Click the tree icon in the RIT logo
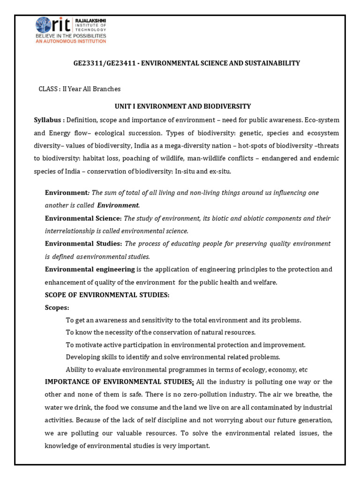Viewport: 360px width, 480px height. (45, 25)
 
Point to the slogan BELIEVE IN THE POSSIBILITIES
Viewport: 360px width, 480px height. (71, 36)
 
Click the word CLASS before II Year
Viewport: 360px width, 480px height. (48, 89)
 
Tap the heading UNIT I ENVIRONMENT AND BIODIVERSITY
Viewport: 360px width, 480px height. (183, 106)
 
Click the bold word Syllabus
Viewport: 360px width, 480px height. (47, 120)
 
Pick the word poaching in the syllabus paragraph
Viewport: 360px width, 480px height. (153, 158)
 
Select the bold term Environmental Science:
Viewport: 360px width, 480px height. (83, 218)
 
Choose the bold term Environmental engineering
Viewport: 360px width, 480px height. (89, 269)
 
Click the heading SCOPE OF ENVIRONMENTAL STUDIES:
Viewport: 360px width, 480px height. (107, 295)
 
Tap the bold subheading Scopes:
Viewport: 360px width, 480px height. (57, 307)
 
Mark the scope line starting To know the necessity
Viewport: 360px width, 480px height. (160, 332)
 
